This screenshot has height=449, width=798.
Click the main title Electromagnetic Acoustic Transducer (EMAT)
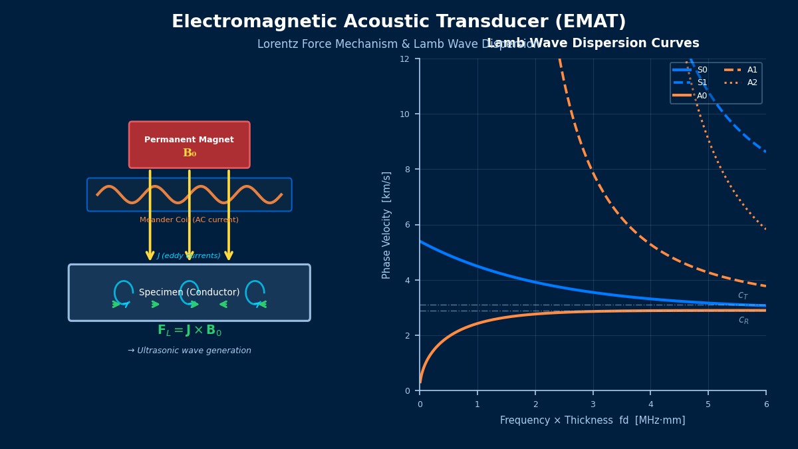tap(399, 22)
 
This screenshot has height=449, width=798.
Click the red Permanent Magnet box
tap(190, 145)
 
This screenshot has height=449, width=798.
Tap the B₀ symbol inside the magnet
tap(190, 153)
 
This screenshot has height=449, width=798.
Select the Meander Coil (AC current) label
tap(189, 220)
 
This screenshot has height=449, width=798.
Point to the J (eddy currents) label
tap(189, 256)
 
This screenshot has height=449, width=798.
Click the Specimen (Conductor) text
tap(190, 293)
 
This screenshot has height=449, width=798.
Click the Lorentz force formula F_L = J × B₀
tap(190, 331)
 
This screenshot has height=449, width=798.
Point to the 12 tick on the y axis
tap(404, 59)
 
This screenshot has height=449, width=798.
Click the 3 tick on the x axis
tap(593, 404)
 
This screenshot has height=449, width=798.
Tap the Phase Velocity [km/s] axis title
tap(387, 225)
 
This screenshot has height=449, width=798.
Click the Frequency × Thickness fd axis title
tap(593, 420)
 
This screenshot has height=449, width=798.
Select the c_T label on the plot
tap(743, 295)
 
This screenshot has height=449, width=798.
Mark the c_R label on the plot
tap(743, 320)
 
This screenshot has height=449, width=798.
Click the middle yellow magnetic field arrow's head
tap(190, 255)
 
